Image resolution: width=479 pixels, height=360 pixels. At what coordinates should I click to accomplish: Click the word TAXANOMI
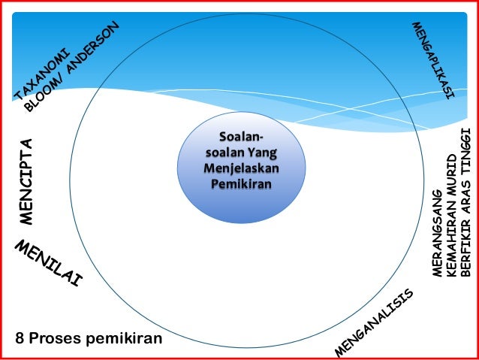pos(42,74)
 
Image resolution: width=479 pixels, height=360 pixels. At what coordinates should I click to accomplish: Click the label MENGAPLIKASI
pos(433,60)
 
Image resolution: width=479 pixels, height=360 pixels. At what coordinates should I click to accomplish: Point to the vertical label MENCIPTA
pos(28,181)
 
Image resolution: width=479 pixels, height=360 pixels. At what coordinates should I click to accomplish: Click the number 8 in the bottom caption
pos(20,338)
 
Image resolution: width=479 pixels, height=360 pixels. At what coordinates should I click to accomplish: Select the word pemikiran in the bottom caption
pos(124,338)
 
